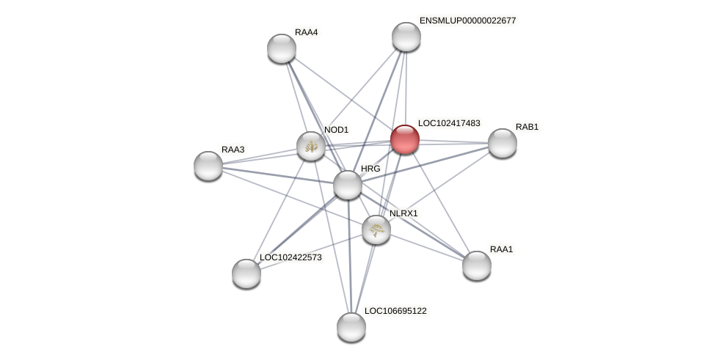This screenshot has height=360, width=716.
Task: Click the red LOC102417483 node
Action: point(404,139)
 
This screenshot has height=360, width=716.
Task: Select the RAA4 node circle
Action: point(282,48)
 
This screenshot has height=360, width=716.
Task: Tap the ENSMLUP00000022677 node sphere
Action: point(406,37)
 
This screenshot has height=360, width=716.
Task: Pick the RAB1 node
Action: point(503,143)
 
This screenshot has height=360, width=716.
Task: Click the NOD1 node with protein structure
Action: point(311,146)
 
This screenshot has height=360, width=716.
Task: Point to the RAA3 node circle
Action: point(208,166)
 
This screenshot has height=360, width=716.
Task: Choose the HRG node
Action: point(348,185)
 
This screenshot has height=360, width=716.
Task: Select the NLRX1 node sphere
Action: point(376,229)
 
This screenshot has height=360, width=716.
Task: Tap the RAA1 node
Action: point(477,265)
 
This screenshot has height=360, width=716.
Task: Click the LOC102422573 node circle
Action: point(246,273)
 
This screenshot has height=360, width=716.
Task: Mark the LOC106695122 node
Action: point(351,327)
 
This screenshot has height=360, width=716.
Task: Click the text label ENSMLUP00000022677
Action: point(467,21)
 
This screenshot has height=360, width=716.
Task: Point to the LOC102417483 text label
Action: point(449,123)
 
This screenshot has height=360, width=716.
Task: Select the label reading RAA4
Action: point(306,32)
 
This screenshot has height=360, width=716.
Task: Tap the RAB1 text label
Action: point(527,127)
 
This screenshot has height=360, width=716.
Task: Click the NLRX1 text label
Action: point(403,213)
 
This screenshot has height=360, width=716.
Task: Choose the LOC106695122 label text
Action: point(395,311)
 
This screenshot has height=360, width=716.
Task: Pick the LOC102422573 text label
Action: point(291,257)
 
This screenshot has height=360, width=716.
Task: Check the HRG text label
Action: point(370,169)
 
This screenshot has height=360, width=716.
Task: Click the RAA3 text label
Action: point(233,150)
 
